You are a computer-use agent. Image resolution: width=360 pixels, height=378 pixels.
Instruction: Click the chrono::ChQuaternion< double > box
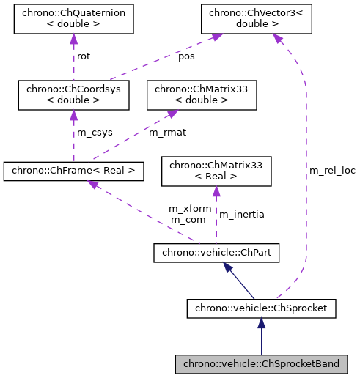[73, 19]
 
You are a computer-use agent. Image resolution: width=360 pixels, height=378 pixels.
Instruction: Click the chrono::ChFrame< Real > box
[73, 171]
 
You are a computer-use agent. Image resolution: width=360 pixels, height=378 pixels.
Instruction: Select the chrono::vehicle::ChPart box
[216, 253]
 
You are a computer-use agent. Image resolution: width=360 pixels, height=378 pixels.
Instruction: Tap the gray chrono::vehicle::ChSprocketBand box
[261, 363]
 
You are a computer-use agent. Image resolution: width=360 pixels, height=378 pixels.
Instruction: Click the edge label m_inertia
[242, 214]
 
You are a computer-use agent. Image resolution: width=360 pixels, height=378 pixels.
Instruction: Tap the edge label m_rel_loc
[331, 171]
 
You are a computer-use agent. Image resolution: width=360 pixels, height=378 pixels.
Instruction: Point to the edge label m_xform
[189, 209]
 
